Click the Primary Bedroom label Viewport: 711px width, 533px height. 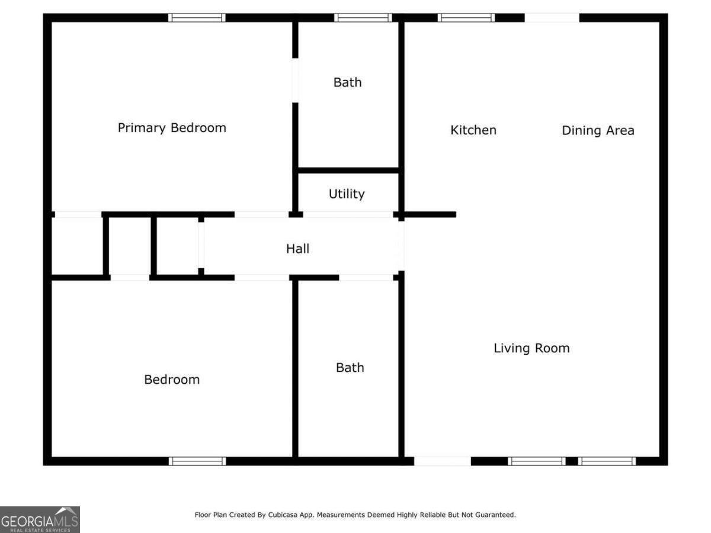pos(172,128)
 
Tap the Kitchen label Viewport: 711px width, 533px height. pos(473,130)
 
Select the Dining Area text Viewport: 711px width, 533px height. pos(598,130)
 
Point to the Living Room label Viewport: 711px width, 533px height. pos(531,348)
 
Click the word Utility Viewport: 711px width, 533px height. pos(347,194)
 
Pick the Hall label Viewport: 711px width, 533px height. pos(297,249)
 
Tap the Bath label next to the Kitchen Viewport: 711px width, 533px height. pos(347,82)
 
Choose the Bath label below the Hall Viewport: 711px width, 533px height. pos(350,368)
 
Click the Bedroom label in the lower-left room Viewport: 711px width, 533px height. pos(172,380)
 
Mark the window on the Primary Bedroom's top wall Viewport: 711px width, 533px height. pos(197,18)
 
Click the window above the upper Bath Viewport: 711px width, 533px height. pos(363,18)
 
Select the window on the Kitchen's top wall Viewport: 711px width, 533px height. pos(466,18)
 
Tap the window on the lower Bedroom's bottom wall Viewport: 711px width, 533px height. pos(197,461)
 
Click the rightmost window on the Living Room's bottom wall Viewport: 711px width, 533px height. pos(607,461)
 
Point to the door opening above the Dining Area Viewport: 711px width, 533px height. pos(552,18)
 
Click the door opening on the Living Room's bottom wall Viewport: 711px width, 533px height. pos(442,461)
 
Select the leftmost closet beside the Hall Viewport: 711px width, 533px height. pos(77,246)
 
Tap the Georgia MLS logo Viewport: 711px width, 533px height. pos(40,519)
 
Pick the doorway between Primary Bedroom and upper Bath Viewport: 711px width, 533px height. pos(295,81)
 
